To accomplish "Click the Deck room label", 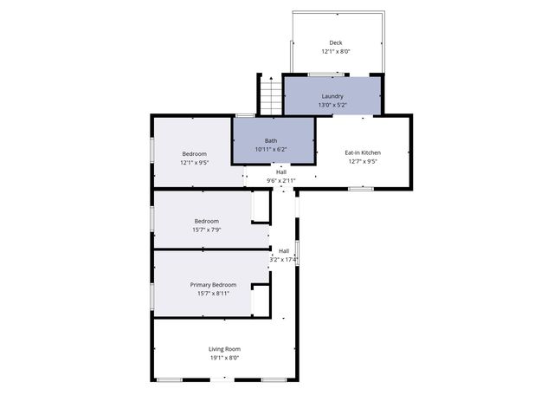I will tap(335, 42).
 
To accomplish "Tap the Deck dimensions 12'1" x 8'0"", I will tap(335, 51).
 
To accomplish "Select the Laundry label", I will tap(332, 96).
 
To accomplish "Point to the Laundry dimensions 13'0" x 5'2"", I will tap(332, 105).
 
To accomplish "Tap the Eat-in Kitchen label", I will tap(363, 152).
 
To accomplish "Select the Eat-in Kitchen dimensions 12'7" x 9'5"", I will tap(363, 161).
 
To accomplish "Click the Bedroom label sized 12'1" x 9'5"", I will tap(194, 153).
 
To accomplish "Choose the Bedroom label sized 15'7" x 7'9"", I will tap(206, 220).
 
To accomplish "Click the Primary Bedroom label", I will tap(213, 284).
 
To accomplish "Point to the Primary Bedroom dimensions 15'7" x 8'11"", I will tap(213, 293).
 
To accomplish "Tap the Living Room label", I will tap(223, 348).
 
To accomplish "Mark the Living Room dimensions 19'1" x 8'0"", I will tap(223, 357).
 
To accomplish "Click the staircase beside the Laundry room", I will tap(271, 94).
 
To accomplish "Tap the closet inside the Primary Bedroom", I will tap(260, 302).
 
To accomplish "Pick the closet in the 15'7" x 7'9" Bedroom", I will tap(260, 208).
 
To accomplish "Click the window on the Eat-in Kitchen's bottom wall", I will tap(361, 188).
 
